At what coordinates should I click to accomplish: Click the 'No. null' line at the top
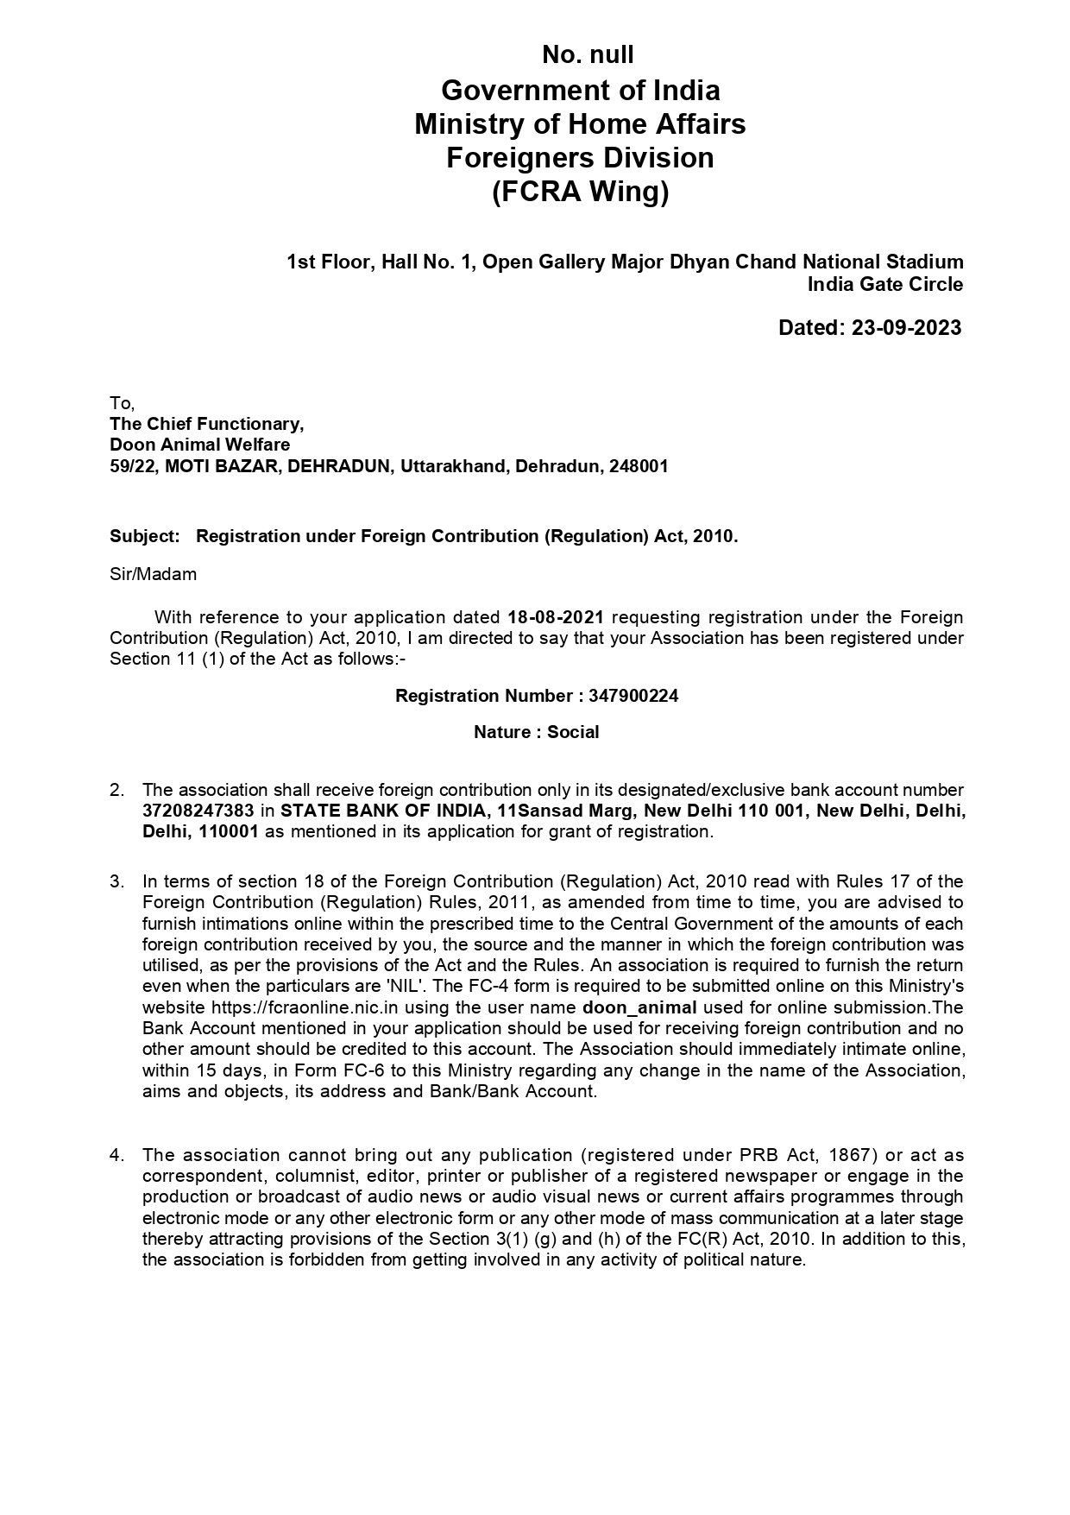588,55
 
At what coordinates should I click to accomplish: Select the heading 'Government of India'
580,91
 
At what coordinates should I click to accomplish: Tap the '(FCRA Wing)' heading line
580,192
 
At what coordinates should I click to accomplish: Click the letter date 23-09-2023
905,328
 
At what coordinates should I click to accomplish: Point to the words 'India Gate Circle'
885,284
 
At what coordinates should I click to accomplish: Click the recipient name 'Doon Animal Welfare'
199,445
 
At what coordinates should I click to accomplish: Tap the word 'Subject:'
144,536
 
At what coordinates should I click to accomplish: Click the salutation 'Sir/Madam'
153,575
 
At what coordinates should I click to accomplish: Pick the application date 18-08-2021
556,618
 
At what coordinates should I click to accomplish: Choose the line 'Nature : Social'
536,733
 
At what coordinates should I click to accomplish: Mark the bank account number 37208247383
198,811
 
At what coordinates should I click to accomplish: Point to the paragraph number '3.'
116,881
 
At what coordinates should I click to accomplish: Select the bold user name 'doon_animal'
639,1008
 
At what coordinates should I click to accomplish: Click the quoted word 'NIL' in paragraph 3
401,987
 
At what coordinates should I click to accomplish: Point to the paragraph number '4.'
116,1156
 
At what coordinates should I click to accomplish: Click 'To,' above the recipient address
122,403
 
